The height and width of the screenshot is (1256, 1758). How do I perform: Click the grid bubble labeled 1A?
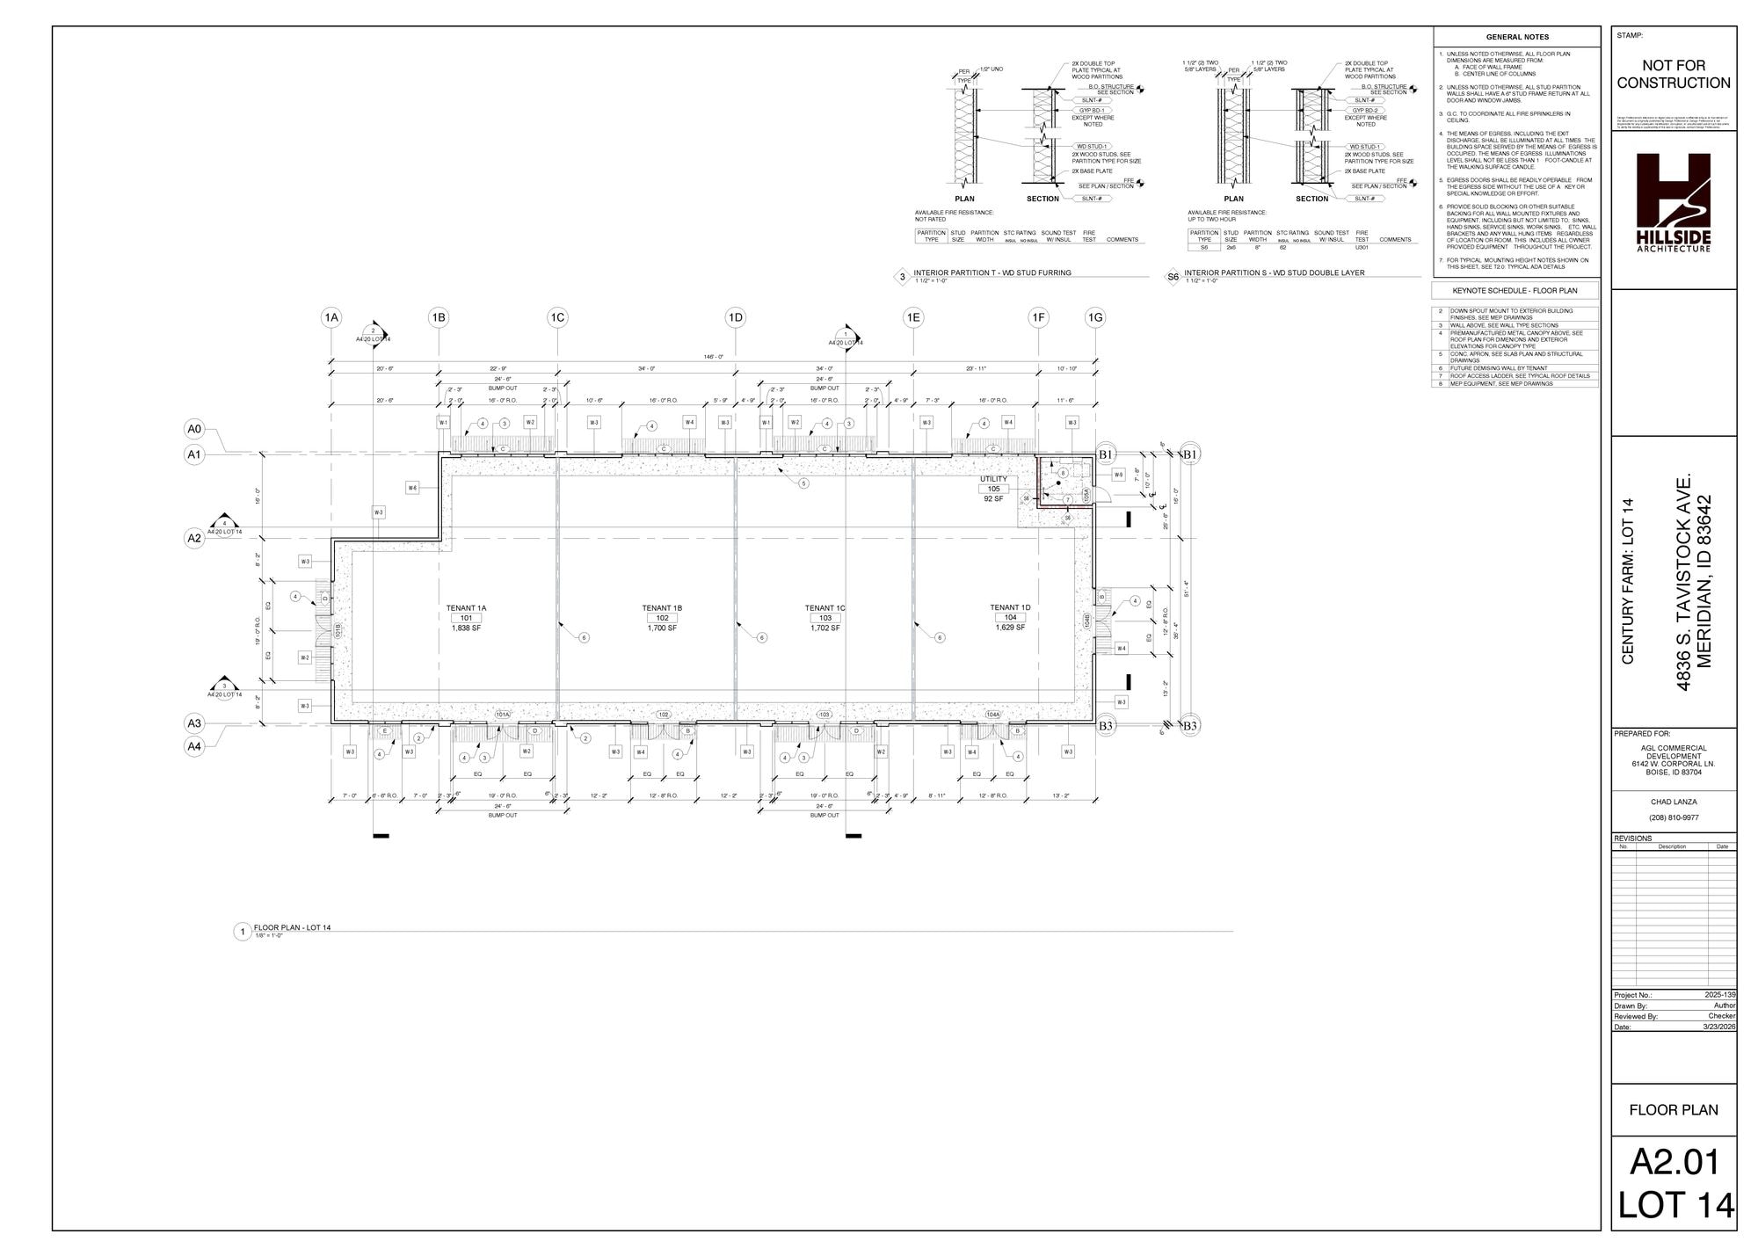331,317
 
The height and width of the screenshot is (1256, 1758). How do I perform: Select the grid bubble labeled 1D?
735,317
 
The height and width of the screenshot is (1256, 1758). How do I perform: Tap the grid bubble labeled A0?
194,429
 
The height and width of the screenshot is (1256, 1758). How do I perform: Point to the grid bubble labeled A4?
194,746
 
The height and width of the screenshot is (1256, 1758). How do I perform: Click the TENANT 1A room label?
466,608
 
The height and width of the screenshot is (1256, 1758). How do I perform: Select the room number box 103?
825,618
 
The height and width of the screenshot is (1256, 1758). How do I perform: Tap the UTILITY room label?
993,479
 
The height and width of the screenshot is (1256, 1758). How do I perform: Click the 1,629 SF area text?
1010,628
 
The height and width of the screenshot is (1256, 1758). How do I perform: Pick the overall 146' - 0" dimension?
713,357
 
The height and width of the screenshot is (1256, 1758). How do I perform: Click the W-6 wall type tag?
412,488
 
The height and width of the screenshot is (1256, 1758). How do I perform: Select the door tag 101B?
338,630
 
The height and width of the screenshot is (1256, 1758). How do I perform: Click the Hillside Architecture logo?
1673,202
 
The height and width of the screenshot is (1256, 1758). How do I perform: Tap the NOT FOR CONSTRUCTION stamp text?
1673,75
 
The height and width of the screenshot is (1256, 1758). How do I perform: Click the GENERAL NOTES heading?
1517,37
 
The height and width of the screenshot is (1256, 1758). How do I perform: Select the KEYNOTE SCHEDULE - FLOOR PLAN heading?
1515,290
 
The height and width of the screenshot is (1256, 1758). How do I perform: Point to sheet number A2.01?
1673,1162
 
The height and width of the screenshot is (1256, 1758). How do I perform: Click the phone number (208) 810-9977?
1673,817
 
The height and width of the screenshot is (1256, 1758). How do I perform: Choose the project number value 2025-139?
1719,995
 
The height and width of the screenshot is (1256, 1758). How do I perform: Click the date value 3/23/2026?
1719,1027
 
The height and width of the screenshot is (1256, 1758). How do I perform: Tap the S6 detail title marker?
1173,278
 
